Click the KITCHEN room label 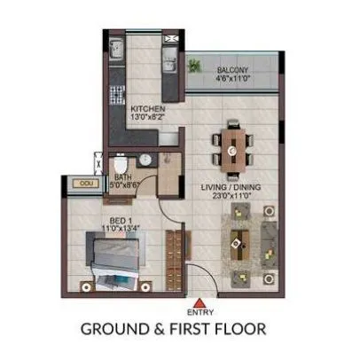pyautogui.click(x=146, y=108)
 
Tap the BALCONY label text pyautogui.click(x=234, y=68)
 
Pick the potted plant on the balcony pyautogui.click(x=193, y=66)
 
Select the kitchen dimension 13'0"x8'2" pyautogui.click(x=146, y=117)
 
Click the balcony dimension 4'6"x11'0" pyautogui.click(x=234, y=77)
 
